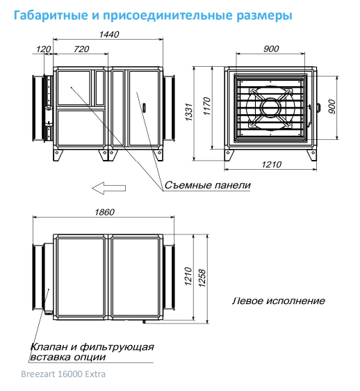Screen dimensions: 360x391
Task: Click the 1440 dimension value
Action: pyautogui.click(x=109, y=34)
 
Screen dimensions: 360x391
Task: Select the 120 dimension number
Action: pyautogui.click(x=44, y=49)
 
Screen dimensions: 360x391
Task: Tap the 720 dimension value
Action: pyautogui.click(x=81, y=49)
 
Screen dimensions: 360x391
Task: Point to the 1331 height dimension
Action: pyautogui.click(x=189, y=112)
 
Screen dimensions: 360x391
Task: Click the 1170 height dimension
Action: pyautogui.click(x=207, y=106)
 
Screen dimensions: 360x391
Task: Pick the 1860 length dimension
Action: pyautogui.click(x=105, y=212)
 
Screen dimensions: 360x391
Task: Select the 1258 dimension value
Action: pyautogui.click(x=202, y=278)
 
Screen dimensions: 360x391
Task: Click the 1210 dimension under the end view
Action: pyautogui.click(x=272, y=165)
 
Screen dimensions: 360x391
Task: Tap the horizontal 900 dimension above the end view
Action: pyautogui.click(x=271, y=49)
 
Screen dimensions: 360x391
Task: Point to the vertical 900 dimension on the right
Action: pyautogui.click(x=332, y=106)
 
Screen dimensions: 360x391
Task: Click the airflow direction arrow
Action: pyautogui.click(x=109, y=189)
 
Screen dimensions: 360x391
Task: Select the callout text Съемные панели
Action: pyautogui.click(x=208, y=185)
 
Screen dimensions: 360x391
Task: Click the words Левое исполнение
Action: pyautogui.click(x=279, y=301)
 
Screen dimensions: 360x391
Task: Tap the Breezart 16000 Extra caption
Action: pyautogui.click(x=63, y=374)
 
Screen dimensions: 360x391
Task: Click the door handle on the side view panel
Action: pyautogui.click(x=144, y=107)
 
